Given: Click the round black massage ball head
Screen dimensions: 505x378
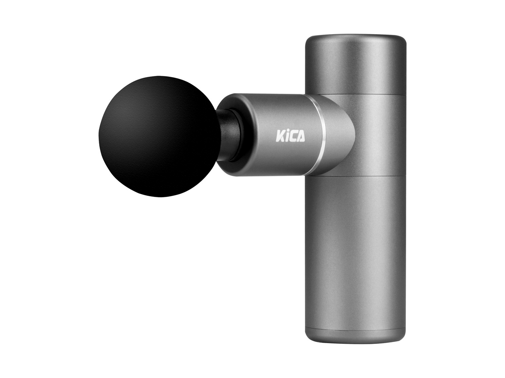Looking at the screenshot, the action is tap(159, 136).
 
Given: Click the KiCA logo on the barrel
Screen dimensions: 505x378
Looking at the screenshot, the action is tap(290, 136).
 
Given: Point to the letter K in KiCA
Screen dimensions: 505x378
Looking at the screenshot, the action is tap(279, 136).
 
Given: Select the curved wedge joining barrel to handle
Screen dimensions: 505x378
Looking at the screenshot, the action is tap(338, 135).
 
